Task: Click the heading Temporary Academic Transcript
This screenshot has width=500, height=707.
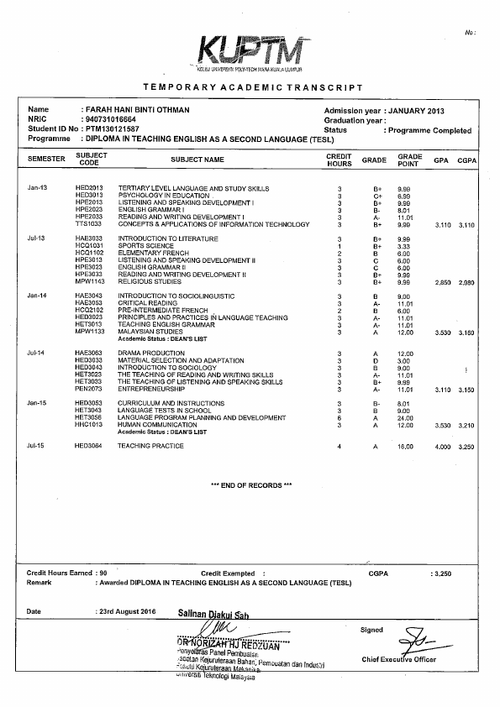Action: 253,87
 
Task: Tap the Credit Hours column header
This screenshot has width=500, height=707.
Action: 339,159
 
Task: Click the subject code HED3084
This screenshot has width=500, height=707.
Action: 88,446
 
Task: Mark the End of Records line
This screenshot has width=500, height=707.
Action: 251,485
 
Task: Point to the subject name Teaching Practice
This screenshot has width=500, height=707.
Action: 150,446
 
